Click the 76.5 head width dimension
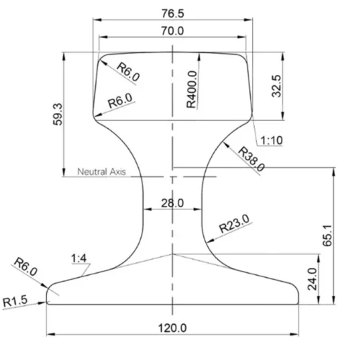point(173,14)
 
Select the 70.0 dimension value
point(173,31)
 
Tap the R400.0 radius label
point(192,89)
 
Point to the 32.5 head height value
point(276,86)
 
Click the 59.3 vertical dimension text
point(58,114)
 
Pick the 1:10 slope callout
point(271,140)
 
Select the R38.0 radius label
point(251,159)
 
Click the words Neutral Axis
point(102,171)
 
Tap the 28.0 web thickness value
point(173,203)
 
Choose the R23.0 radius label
point(235,224)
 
